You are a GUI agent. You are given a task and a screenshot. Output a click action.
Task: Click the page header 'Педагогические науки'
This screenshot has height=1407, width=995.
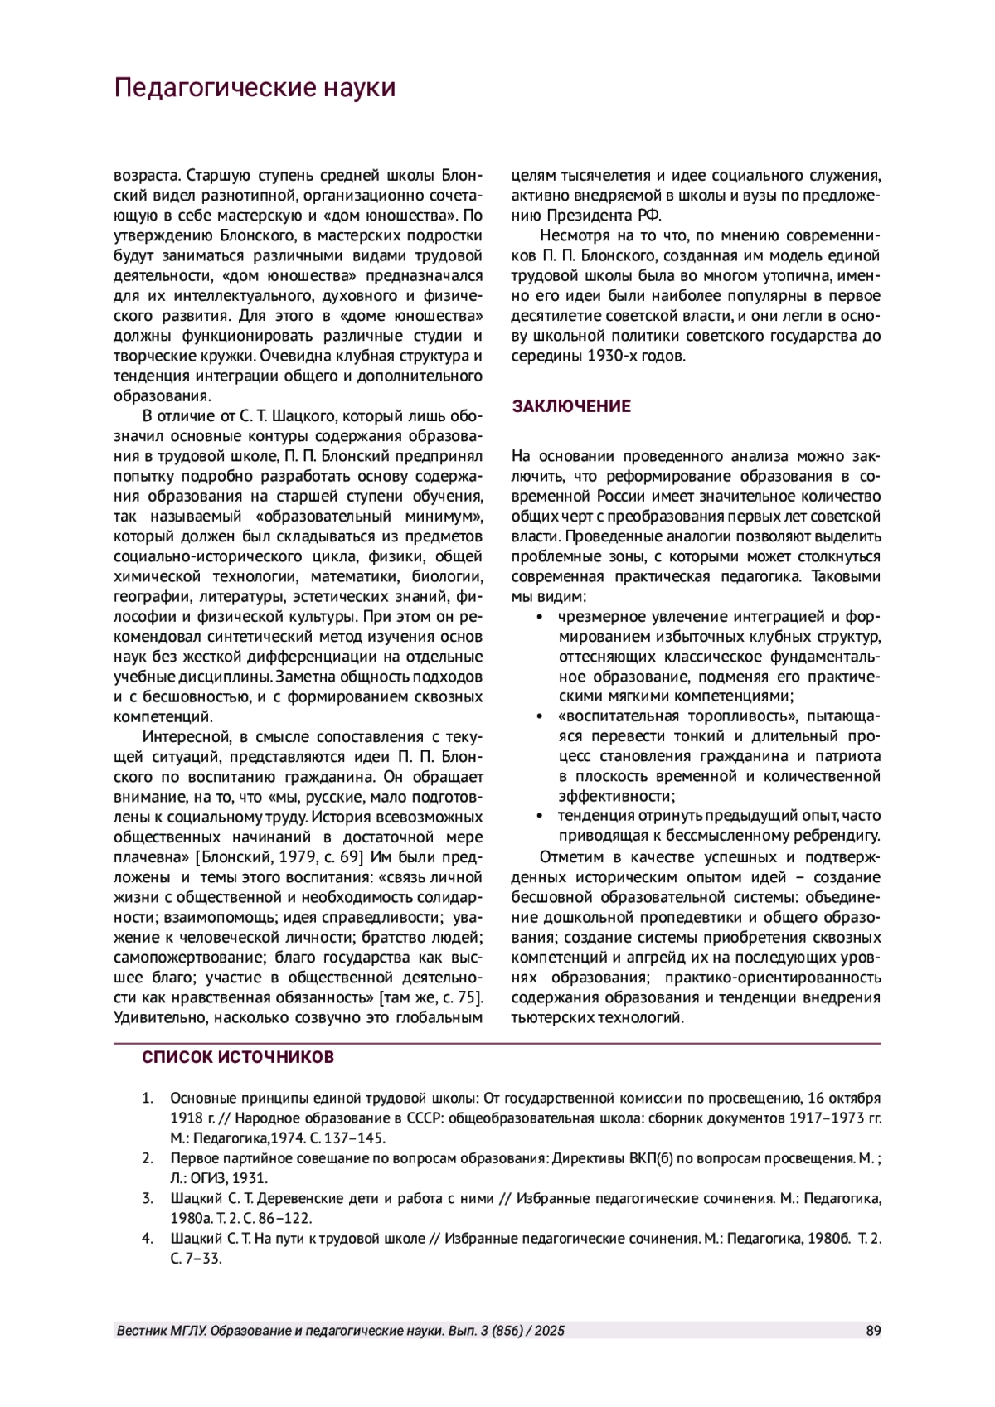tap(255, 88)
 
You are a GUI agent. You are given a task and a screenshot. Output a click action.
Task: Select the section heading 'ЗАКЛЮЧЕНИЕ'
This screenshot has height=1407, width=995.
tap(571, 406)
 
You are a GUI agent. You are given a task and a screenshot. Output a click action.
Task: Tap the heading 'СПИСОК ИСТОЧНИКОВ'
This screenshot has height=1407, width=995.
tap(238, 1058)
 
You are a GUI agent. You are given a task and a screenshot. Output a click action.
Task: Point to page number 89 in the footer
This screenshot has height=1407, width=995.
tap(873, 1331)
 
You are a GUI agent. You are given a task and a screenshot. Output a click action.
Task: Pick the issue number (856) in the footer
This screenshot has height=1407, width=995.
tap(507, 1331)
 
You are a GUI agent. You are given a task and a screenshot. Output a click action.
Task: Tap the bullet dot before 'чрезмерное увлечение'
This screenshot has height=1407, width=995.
tap(540, 617)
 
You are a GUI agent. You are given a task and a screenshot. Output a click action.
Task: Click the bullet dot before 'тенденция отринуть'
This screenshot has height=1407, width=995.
tap(540, 817)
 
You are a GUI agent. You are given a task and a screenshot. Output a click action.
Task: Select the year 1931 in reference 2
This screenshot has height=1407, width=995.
tap(250, 1177)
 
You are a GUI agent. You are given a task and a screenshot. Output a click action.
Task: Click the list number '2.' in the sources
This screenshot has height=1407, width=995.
tap(148, 1158)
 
